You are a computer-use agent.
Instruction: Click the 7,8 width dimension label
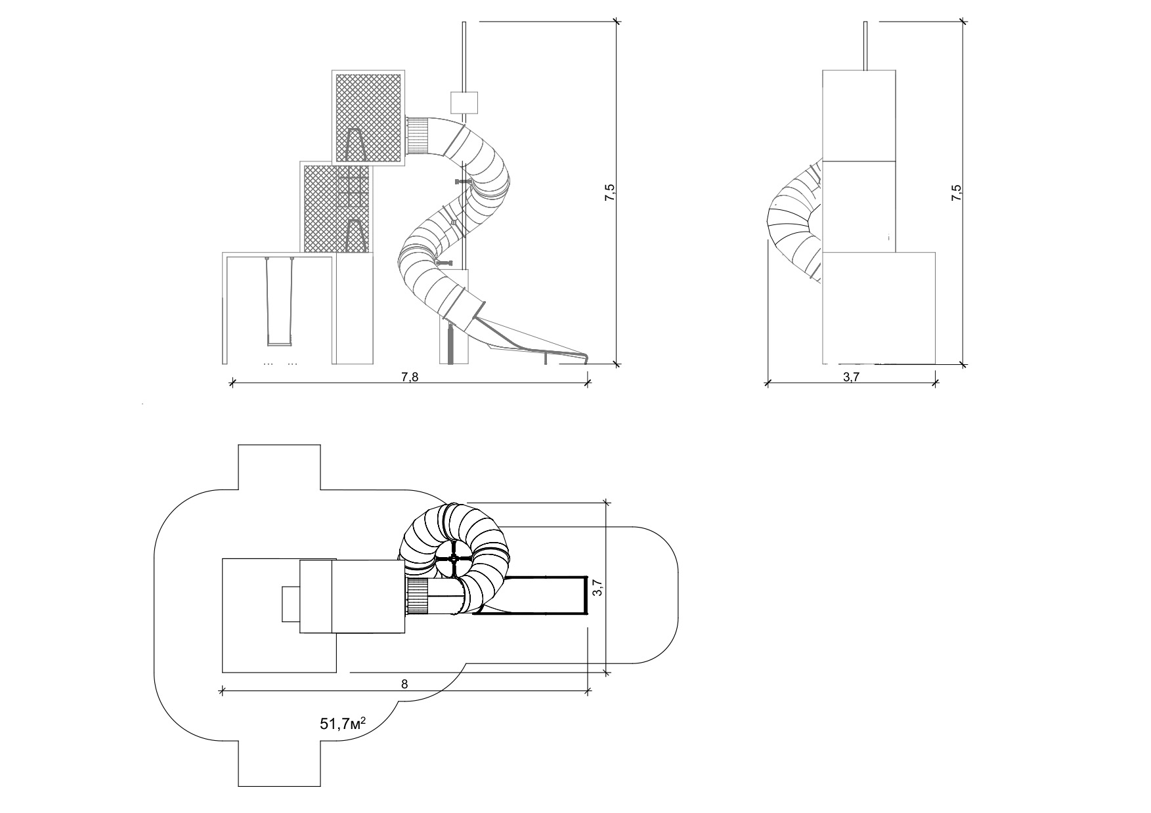coord(410,377)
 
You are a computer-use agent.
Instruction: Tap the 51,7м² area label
coord(343,724)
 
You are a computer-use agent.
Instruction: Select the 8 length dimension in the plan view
coord(404,683)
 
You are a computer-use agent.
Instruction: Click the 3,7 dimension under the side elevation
coord(851,377)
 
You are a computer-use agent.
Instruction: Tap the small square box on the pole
coord(464,102)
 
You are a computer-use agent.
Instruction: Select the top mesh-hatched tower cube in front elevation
coord(368,116)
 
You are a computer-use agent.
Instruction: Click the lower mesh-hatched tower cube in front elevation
coord(337,207)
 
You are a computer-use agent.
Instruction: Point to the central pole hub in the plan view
coord(454,558)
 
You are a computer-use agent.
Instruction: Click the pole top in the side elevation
coord(866,24)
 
